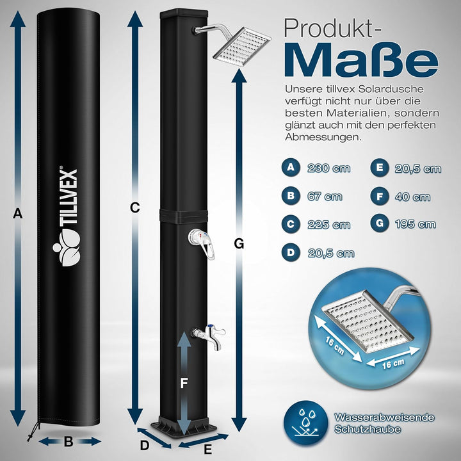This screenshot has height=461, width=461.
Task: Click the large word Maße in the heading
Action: point(361,59)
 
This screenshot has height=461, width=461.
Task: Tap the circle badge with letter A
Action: point(291,168)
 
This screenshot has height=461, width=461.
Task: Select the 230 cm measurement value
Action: point(328,168)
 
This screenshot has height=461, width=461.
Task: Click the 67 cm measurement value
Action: point(324,197)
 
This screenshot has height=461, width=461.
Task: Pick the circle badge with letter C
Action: point(291,225)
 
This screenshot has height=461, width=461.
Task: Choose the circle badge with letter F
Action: point(380,197)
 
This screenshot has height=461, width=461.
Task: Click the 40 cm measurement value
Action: point(412,197)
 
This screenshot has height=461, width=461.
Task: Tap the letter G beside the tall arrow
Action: point(239,243)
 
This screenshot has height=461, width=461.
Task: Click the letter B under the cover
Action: point(69,442)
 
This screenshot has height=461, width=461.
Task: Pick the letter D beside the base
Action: point(145,444)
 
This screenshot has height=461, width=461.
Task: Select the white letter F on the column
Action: point(184,384)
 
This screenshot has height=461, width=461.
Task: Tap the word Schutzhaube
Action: point(364,429)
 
